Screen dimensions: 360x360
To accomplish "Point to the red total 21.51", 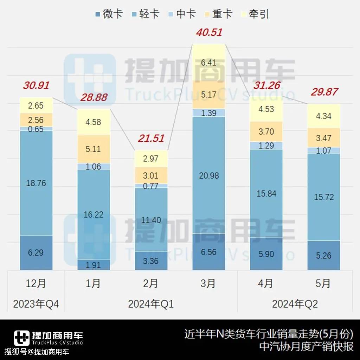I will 151,138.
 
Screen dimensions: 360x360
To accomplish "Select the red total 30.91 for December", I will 36,85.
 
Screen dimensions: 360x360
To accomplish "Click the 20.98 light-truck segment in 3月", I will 209,175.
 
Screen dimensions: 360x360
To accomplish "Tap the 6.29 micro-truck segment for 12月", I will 36,252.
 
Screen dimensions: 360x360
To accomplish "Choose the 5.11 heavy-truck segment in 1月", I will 94,149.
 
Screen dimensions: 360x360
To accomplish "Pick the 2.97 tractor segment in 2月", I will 151,159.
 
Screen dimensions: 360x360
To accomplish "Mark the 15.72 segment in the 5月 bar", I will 323,197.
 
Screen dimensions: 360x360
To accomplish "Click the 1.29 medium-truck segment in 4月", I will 266,145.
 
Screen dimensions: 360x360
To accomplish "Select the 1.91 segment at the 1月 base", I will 94,265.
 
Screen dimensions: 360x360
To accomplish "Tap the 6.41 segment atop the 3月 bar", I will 209,63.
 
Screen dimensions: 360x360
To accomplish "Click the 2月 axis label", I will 151,283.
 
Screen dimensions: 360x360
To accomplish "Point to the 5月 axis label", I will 323,283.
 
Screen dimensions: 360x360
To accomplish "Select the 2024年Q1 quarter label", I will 151,304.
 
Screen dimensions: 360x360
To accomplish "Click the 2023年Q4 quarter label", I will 36,304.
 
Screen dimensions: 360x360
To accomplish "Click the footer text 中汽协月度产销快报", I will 306,347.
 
